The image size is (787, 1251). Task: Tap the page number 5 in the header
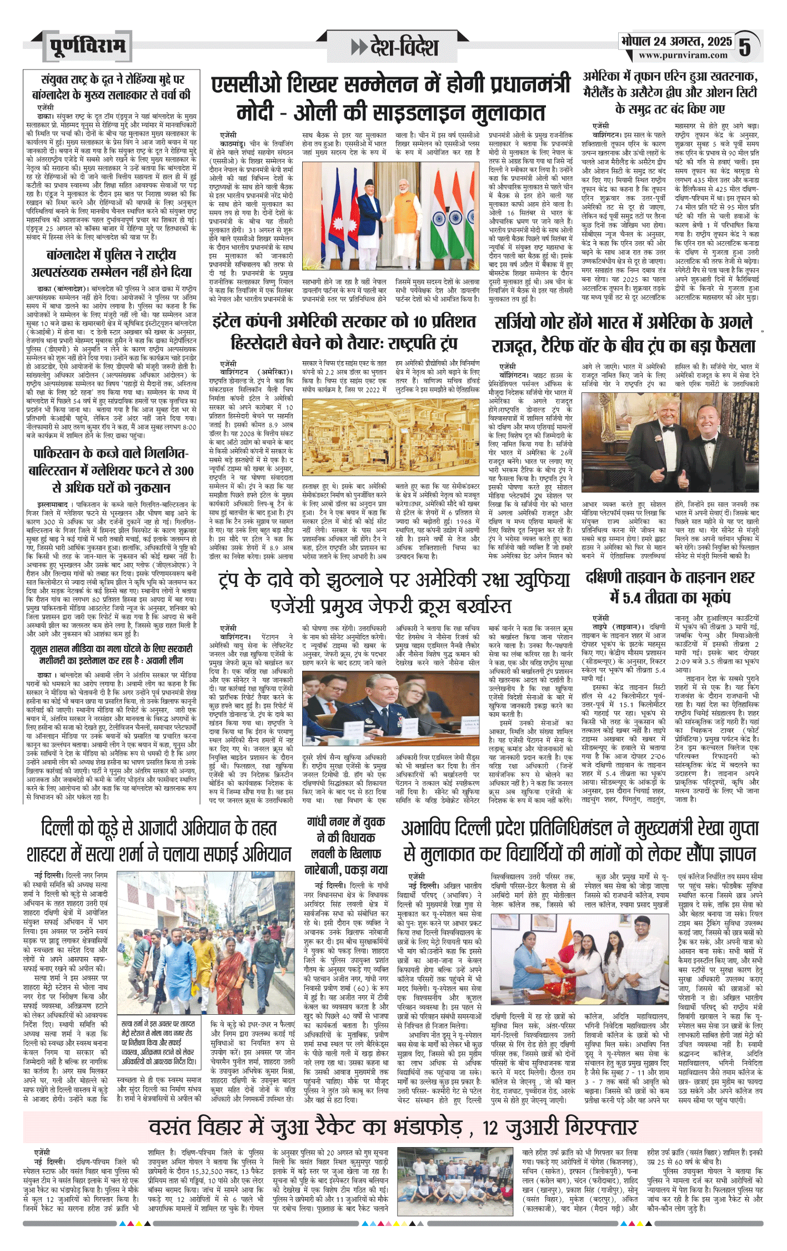click(x=745, y=47)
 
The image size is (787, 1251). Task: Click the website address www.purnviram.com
click(x=683, y=55)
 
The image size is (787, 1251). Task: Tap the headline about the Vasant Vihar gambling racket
click(x=393, y=1128)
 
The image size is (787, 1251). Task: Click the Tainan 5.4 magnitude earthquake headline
click(x=670, y=586)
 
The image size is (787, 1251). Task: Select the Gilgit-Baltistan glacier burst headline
click(x=111, y=470)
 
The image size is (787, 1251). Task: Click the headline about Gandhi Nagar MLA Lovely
click(x=346, y=845)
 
